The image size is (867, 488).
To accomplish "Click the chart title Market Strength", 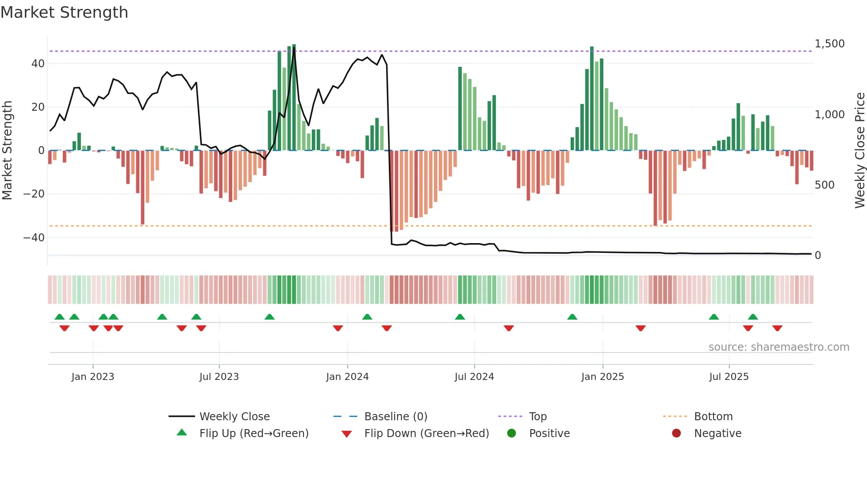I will coord(64,12).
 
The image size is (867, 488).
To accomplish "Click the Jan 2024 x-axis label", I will coord(347,377).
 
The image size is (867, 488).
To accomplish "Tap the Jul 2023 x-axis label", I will coord(219,377).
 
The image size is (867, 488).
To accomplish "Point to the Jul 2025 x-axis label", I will coord(729,377).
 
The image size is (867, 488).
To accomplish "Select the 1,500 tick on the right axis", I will coord(829,44).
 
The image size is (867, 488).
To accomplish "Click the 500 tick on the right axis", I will coord(824,185).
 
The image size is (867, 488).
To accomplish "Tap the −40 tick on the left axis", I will coord(34,238).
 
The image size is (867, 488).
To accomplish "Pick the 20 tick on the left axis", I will coord(38,107).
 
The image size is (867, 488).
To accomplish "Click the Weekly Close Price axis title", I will coord(859,151).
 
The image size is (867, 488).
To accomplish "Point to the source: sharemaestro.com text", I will coord(779,347).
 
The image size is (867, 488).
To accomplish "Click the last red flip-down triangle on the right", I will coord(777,328).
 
